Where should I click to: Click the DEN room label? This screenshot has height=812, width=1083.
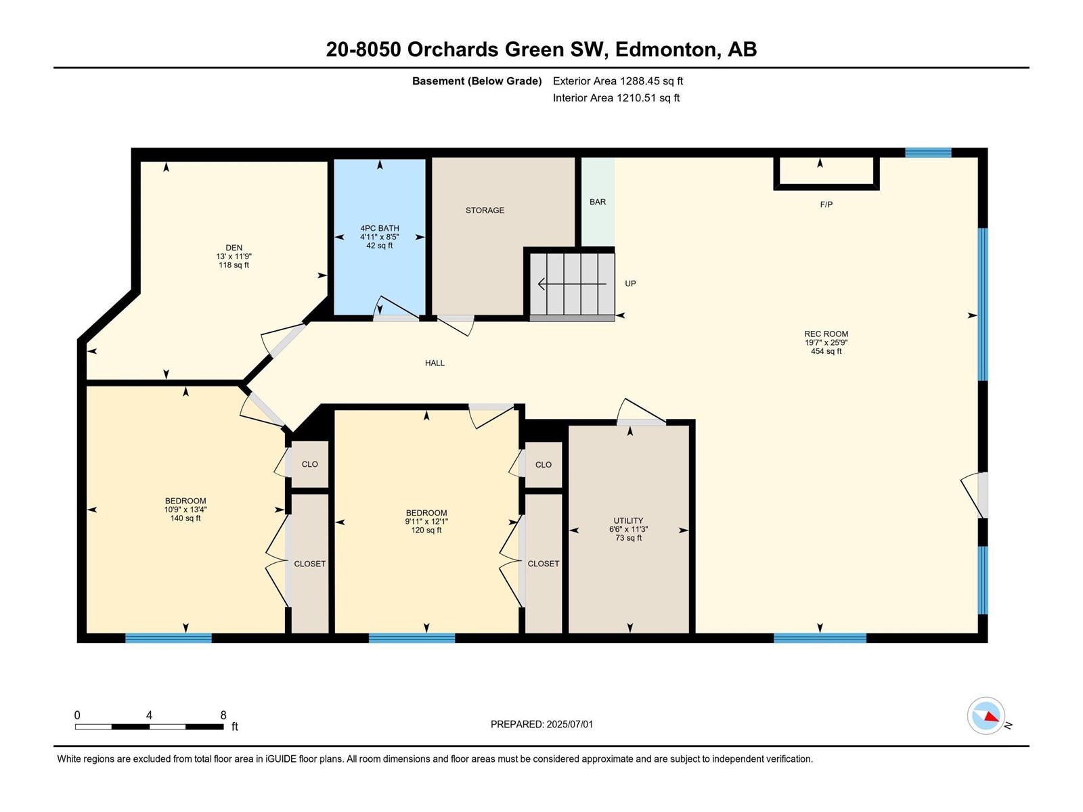click(234, 248)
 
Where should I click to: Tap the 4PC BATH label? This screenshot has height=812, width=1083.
click(380, 228)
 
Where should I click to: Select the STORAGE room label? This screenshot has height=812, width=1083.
click(485, 210)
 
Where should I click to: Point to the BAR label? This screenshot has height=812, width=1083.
click(598, 202)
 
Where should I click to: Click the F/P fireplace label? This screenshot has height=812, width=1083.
click(826, 204)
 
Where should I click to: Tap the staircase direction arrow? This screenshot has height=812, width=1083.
click(572, 284)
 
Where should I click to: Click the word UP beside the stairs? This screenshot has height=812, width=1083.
click(631, 284)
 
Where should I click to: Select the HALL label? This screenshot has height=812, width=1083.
click(435, 363)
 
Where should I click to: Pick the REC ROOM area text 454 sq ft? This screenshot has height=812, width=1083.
click(826, 351)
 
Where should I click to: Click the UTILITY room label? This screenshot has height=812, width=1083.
click(628, 520)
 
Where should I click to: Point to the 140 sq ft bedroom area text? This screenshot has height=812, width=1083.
click(185, 518)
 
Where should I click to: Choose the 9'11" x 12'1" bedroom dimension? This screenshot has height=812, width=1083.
click(426, 521)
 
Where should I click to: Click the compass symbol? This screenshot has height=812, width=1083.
click(986, 715)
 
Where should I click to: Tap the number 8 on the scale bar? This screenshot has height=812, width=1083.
click(223, 715)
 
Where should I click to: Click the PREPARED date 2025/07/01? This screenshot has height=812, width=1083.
click(569, 724)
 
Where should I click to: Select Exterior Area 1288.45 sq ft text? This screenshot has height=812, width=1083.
click(618, 81)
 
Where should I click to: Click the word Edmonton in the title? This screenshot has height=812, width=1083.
click(665, 49)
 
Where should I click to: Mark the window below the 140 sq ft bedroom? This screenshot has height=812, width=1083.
click(169, 638)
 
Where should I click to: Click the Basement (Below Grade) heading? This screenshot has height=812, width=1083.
click(477, 81)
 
